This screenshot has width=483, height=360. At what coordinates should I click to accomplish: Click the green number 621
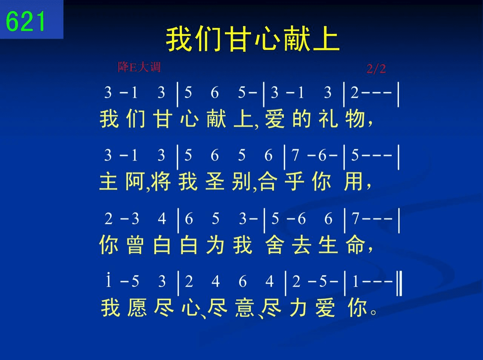pos(25,21)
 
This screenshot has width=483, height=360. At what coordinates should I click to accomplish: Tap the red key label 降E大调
pos(139,67)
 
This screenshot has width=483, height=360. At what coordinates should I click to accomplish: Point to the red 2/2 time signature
pos(376,69)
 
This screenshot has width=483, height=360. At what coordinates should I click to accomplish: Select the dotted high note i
pos(108,280)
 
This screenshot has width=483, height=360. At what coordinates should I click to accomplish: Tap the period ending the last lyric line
pos(374,312)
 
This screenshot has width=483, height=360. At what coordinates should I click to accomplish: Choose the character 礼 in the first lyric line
pos(328,119)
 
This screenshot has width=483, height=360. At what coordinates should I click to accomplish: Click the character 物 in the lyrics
pos(355,119)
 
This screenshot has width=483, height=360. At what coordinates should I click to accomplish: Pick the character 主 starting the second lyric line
pos(108,181)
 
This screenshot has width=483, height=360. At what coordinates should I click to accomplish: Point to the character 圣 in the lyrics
pos(215,181)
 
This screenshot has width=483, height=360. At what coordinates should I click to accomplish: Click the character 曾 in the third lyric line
pos(135,244)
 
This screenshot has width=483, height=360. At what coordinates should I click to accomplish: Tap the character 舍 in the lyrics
pos(275,244)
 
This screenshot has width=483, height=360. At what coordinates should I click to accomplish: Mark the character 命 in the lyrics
pos(355,244)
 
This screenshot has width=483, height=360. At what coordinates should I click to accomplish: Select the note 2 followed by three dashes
pos(371,92)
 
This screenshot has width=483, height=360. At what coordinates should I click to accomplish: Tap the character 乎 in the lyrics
pos(294,181)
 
